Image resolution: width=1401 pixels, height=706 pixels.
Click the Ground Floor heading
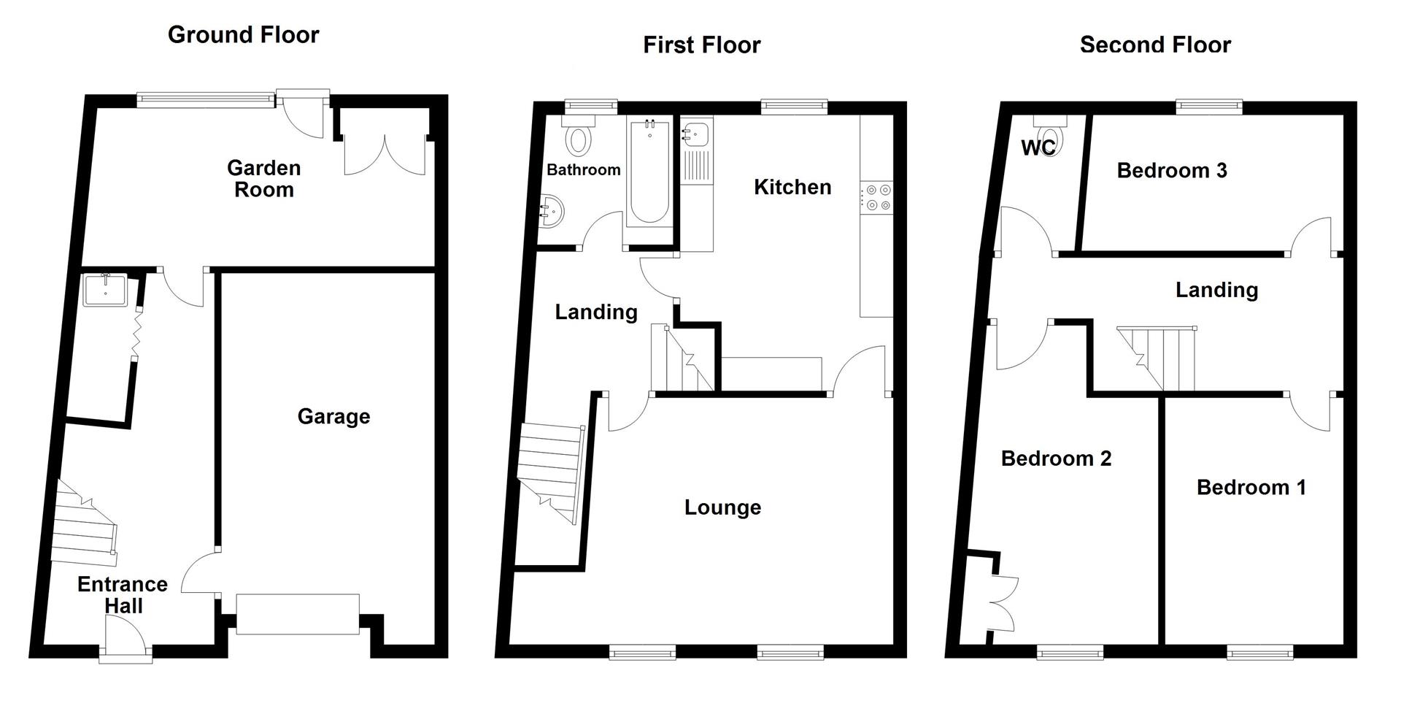point(243,34)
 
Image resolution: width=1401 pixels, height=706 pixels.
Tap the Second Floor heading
point(1155,45)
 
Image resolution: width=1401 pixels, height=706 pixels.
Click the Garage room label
point(333,416)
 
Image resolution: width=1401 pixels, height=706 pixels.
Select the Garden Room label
point(263,178)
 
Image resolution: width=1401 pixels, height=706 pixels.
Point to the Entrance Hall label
point(123,594)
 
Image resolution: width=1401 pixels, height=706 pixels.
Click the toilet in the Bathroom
point(580,139)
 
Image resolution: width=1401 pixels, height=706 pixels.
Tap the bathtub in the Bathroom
point(648,172)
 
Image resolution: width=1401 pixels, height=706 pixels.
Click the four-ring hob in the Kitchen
point(876,197)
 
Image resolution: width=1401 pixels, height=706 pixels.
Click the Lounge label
point(722,507)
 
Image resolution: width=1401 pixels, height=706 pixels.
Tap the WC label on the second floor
point(1037,148)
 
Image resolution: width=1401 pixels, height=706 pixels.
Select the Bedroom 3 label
point(1172,171)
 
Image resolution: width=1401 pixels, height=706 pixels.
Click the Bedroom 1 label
point(1251,487)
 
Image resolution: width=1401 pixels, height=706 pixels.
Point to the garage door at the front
point(298,614)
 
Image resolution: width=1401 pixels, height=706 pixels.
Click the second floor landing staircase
point(1157,358)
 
